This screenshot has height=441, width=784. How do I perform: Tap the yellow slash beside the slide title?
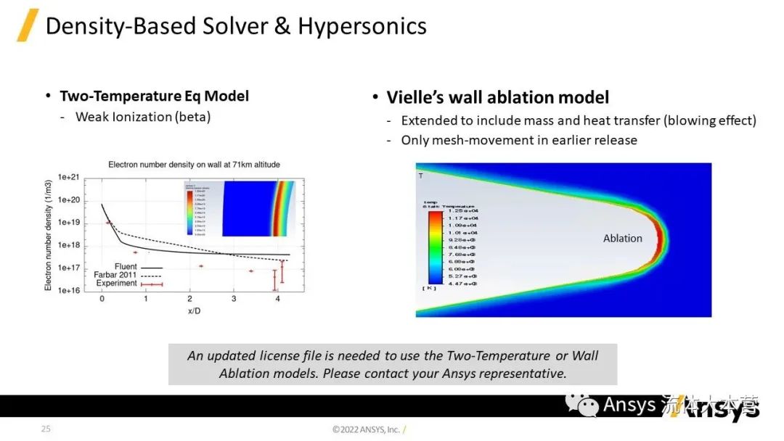[x=27, y=25]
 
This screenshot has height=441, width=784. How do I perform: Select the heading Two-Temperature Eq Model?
[x=154, y=96]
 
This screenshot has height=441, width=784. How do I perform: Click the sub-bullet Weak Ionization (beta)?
[x=142, y=117]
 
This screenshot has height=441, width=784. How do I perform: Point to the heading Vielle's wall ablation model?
[x=497, y=97]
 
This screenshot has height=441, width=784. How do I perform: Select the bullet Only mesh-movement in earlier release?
[x=518, y=140]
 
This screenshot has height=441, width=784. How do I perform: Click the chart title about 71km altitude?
[x=194, y=165]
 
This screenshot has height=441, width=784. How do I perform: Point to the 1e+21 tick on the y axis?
[x=68, y=177]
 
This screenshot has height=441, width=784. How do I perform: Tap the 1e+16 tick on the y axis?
[x=68, y=290]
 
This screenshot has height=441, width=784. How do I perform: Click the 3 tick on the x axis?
[x=234, y=299]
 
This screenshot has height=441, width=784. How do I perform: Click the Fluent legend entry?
[x=126, y=267]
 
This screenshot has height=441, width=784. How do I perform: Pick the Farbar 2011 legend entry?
[x=115, y=275]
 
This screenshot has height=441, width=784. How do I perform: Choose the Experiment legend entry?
[x=116, y=283]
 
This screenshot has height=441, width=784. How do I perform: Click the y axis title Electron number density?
[x=49, y=234]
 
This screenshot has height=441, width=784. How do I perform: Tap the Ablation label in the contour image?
[x=622, y=238]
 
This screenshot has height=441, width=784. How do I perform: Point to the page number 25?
[x=46, y=429]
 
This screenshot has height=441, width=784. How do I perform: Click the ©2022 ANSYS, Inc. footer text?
[x=366, y=429]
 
